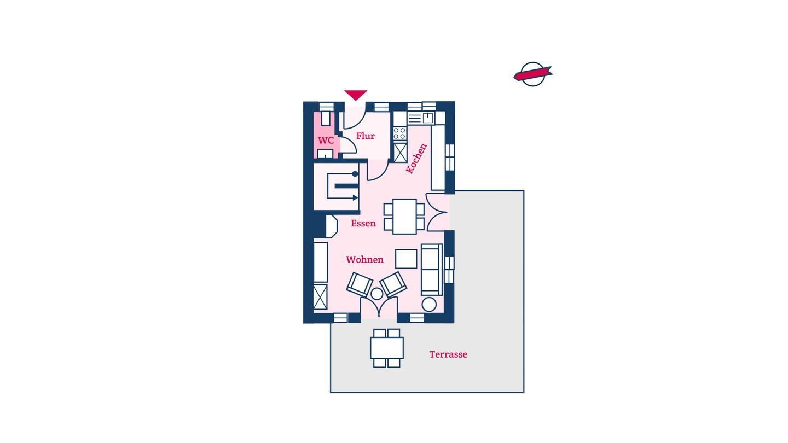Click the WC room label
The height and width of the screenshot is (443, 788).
pos(326,141)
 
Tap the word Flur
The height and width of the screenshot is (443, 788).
pos(365,136)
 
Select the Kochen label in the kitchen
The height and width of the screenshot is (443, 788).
pos(416,159)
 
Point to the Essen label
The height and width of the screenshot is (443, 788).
pos(363,223)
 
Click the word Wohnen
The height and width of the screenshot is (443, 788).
pos(364,260)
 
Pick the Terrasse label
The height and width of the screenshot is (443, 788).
pos(448,354)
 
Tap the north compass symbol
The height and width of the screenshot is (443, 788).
pos(533,74)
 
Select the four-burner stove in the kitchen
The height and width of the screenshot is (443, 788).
pos(399,133)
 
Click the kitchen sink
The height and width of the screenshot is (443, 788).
pos(428,118)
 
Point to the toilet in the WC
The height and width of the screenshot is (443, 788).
pos(326,118)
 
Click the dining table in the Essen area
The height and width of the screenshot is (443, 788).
pos(404,217)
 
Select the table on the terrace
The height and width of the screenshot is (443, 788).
pos(386,348)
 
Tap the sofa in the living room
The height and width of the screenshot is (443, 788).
pos(432,270)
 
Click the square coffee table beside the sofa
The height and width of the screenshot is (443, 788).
pos(406,259)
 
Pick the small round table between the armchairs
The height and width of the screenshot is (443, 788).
pos(376,294)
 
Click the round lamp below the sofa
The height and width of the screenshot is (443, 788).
pos(429,305)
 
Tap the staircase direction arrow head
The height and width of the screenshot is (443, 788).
pos(355,198)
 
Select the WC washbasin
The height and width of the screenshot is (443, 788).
pos(325,154)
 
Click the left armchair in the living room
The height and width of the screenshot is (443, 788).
pos(360,284)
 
